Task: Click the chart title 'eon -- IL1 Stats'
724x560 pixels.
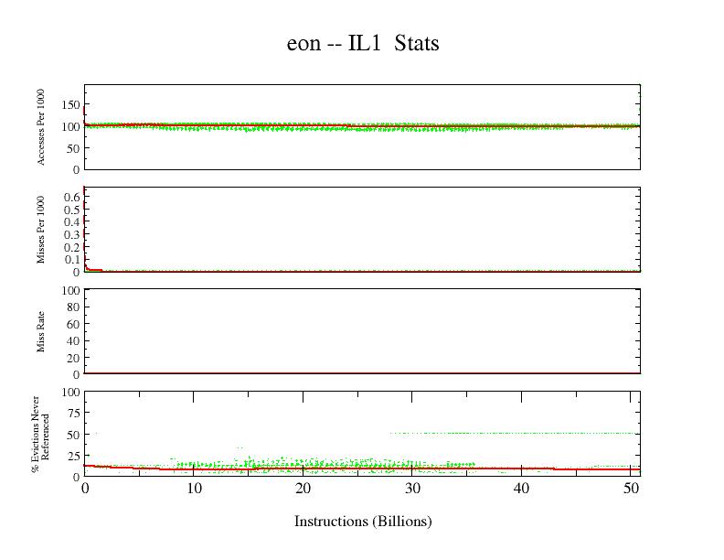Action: pyautogui.click(x=363, y=43)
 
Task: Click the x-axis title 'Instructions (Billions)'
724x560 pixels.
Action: pyautogui.click(x=363, y=522)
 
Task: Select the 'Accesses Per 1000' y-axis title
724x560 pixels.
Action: pyautogui.click(x=42, y=127)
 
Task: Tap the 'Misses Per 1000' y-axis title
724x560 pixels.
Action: pyautogui.click(x=42, y=229)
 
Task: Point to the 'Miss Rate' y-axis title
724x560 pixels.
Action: pyautogui.click(x=42, y=331)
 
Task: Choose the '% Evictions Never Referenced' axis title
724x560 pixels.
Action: pyautogui.click(x=42, y=434)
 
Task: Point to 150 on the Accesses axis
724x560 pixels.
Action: pyautogui.click(x=69, y=104)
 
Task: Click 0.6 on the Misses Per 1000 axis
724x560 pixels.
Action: pyautogui.click(x=70, y=195)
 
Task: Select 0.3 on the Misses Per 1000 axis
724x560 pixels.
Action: pyautogui.click(x=70, y=233)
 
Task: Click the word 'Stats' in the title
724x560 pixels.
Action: pyautogui.click(x=418, y=43)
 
